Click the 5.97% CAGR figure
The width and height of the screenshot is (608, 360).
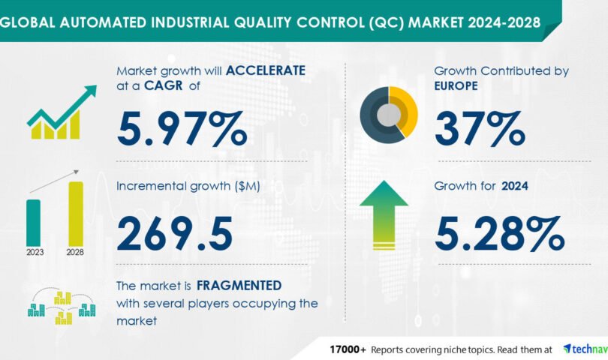(x=182, y=129)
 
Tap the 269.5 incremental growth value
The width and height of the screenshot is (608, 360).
(x=175, y=233)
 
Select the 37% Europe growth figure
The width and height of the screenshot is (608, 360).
(x=480, y=129)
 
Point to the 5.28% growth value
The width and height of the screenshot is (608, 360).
(x=499, y=233)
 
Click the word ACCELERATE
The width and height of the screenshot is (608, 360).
(x=266, y=70)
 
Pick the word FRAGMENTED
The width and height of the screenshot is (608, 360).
(x=239, y=286)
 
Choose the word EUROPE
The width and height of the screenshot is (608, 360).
(x=456, y=85)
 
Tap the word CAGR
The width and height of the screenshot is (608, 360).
(x=163, y=85)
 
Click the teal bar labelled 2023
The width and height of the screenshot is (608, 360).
(x=33, y=223)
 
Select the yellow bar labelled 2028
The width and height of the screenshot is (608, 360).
(x=76, y=214)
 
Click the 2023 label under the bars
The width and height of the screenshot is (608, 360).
(x=35, y=252)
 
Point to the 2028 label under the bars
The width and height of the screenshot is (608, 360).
(x=75, y=252)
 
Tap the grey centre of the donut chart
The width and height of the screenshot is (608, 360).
(x=389, y=115)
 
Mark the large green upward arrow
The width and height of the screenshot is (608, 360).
(x=384, y=214)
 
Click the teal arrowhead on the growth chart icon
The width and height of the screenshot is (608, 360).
(x=90, y=91)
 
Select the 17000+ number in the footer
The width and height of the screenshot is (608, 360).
(x=348, y=349)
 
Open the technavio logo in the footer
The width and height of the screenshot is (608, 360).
(x=585, y=349)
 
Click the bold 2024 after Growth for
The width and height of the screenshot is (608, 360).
(x=515, y=186)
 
